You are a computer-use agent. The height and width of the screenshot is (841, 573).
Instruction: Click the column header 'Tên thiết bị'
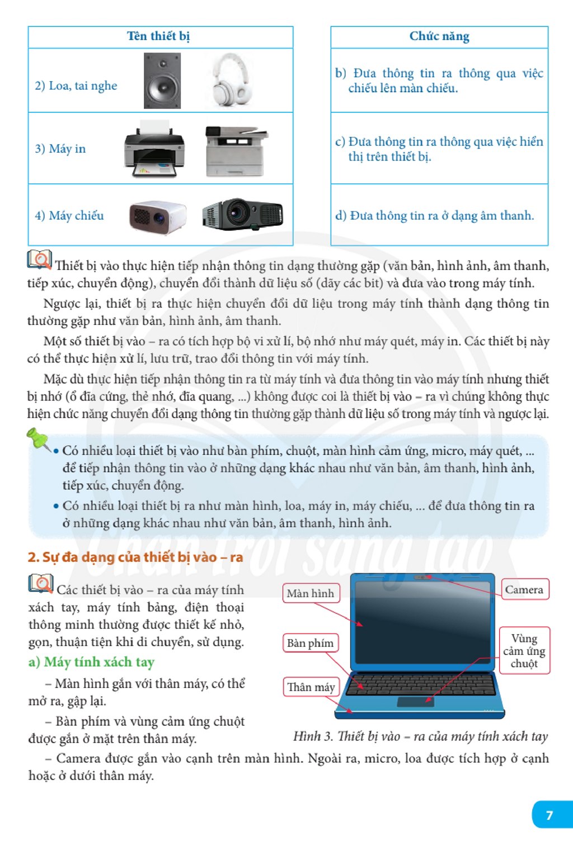pyautogui.click(x=158, y=36)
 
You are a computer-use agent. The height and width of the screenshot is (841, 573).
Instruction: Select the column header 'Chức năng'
pyautogui.click(x=439, y=36)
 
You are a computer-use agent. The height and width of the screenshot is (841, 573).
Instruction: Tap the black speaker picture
pyautogui.click(x=162, y=81)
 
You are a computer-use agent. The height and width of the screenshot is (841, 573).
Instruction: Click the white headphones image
pyautogui.click(x=231, y=79)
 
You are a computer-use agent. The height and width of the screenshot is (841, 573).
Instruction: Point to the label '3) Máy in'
pyautogui.click(x=60, y=149)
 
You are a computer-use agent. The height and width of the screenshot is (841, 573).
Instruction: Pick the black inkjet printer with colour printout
pyautogui.click(x=154, y=149)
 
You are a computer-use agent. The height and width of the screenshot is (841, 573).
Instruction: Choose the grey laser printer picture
pyautogui.click(x=236, y=151)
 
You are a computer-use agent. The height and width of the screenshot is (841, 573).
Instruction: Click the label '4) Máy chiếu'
pyautogui.click(x=69, y=215)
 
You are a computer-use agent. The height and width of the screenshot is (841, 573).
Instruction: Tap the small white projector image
pyautogui.click(x=157, y=216)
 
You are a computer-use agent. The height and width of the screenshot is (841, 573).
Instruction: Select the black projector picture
pyautogui.click(x=242, y=214)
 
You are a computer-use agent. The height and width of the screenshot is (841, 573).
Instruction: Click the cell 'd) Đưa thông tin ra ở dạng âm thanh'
pyautogui.click(x=434, y=215)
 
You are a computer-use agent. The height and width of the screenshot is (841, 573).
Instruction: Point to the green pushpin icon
pyautogui.click(x=39, y=440)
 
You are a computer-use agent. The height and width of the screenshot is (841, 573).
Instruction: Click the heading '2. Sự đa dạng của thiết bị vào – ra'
pyautogui.click(x=135, y=557)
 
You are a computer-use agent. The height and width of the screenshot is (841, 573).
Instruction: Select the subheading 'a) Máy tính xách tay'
pyautogui.click(x=91, y=662)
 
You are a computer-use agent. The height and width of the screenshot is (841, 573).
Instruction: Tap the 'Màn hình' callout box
pyautogui.click(x=311, y=593)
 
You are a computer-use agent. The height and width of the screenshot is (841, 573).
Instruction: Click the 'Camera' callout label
pyautogui.click(x=524, y=589)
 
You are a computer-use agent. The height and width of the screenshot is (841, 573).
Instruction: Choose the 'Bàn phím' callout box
pyautogui.click(x=311, y=643)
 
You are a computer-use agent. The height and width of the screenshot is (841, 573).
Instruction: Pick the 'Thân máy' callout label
pyautogui.click(x=311, y=687)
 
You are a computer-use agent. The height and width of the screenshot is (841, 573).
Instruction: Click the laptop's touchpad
pyautogui.click(x=416, y=702)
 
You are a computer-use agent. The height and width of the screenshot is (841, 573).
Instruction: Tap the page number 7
pyautogui.click(x=549, y=815)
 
